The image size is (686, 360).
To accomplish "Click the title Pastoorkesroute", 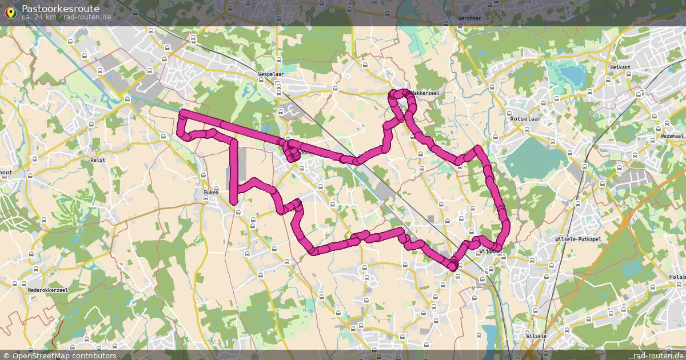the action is (60, 9).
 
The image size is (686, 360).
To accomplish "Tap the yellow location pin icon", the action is (10, 12).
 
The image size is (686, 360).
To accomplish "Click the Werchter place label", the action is (469, 18).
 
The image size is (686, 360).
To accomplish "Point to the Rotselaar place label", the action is (525, 119).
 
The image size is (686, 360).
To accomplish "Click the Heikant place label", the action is (620, 67).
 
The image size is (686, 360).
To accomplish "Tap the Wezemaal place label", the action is (671, 136).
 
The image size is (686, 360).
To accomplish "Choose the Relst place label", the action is (98, 161).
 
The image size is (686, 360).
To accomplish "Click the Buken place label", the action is (211, 193).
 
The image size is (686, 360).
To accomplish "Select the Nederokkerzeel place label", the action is (47, 290).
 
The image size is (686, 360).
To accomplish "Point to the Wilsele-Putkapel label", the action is (578, 239).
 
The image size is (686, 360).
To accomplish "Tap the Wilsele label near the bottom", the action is (536, 336).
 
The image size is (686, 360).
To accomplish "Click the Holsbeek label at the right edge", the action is (677, 277).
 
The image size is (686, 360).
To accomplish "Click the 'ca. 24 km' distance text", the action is (39, 17).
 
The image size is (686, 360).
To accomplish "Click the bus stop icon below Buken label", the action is (238, 211).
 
